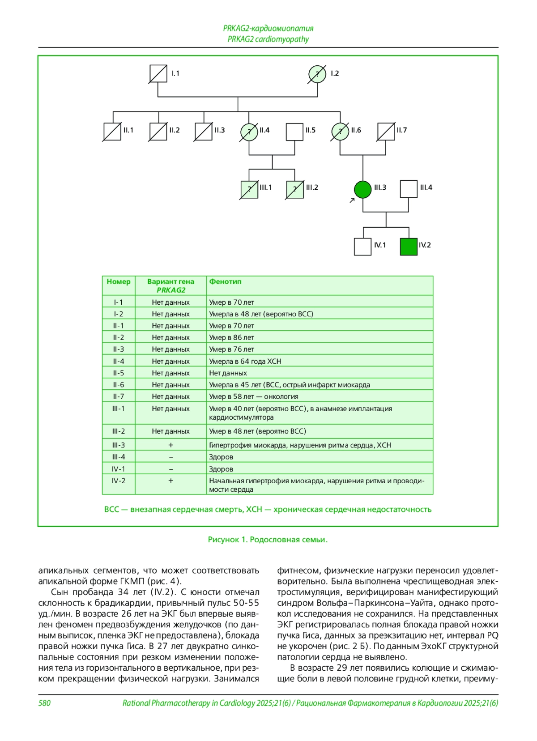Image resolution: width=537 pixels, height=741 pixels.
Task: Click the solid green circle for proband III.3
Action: (x=362, y=189)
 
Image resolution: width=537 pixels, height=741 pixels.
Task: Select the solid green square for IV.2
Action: (x=409, y=247)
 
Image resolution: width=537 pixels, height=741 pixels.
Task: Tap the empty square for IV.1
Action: (x=362, y=247)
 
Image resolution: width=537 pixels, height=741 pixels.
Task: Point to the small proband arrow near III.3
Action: (x=352, y=200)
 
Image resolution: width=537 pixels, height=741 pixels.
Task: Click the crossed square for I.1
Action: (x=158, y=74)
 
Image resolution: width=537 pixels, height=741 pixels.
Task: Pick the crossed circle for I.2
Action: (x=317, y=74)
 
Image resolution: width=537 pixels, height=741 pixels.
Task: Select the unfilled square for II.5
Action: (x=294, y=132)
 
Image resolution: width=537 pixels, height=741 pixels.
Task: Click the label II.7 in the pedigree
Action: (x=401, y=130)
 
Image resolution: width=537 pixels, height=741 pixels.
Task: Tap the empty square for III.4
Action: (x=409, y=189)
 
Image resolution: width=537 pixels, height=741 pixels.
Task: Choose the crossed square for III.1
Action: (x=249, y=189)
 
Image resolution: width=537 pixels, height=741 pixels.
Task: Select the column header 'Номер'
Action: (x=119, y=281)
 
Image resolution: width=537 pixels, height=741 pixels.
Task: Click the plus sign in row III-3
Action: (x=170, y=445)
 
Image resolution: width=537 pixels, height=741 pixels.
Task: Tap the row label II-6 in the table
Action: (x=119, y=385)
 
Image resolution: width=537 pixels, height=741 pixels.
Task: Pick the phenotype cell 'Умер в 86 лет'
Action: (x=231, y=337)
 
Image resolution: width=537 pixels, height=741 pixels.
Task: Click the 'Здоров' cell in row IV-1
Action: (x=221, y=469)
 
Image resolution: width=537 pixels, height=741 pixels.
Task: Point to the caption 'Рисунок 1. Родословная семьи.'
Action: (x=268, y=540)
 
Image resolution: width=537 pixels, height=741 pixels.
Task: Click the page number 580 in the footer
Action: (x=44, y=703)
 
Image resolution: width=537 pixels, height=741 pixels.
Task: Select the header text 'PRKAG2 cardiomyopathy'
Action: (x=268, y=39)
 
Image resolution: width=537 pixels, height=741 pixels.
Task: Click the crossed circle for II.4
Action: (x=249, y=132)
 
